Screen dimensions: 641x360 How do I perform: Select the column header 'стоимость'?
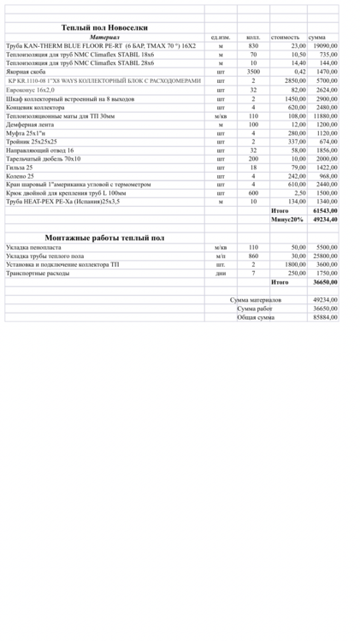[285, 38]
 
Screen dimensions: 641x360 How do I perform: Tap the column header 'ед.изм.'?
[220, 38]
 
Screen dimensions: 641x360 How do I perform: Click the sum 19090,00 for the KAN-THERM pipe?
[322, 45]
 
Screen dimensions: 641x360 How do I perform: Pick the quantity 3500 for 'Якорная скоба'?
[253, 72]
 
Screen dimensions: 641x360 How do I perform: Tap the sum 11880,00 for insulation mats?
[322, 115]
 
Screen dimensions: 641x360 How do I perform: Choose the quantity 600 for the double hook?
[253, 193]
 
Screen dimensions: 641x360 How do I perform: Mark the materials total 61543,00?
[322, 210]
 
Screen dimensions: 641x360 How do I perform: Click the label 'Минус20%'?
[286, 219]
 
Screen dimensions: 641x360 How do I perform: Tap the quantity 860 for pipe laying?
[253, 256]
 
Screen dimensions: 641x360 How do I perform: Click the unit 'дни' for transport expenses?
[220, 273]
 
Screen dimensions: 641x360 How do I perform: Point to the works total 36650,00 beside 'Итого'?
[322, 281]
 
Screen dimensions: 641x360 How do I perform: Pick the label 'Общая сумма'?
[256, 317]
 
